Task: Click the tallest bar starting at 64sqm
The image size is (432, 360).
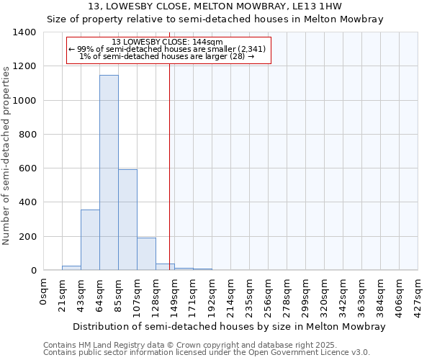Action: (x=109, y=173)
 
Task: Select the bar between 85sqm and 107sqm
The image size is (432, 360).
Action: (x=127, y=220)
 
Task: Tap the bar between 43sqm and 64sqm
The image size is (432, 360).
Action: (x=90, y=240)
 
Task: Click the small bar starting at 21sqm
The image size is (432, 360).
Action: (x=71, y=268)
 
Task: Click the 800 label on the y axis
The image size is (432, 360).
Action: (x=27, y=135)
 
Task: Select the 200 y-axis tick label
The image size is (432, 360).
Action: (x=27, y=237)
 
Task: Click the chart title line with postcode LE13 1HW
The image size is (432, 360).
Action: (x=215, y=6)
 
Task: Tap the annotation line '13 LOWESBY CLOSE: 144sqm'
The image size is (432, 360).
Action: (x=168, y=42)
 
